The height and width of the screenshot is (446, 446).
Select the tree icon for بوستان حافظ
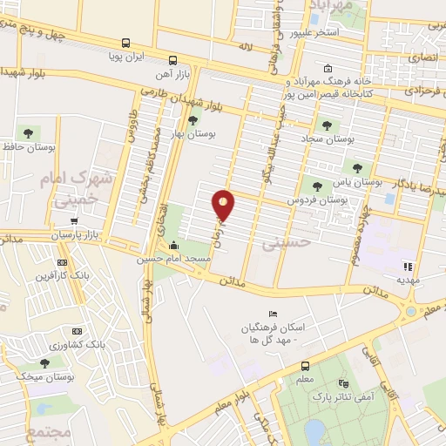coord(30,133)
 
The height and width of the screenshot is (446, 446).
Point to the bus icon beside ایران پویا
coord(126,43)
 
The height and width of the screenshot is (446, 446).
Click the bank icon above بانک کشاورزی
coord(77,331)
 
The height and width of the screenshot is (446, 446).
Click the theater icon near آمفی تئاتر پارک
coord(344,382)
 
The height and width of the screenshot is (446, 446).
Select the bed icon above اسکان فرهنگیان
coord(273,314)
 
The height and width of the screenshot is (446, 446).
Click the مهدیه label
coord(408,280)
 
